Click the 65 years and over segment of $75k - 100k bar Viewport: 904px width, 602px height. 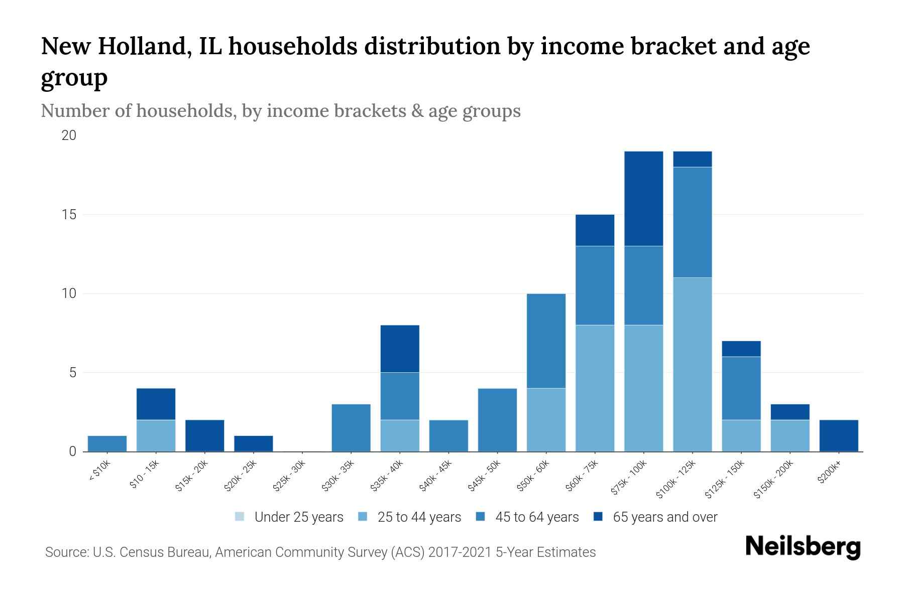click(643, 199)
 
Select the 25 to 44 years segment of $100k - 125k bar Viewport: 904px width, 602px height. click(692, 365)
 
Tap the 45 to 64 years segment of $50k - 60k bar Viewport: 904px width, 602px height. click(546, 341)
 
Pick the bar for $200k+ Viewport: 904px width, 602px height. click(839, 436)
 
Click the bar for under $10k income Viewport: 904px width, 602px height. click(107, 444)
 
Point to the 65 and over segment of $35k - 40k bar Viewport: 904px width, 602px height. click(400, 349)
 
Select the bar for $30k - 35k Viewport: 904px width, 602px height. click(351, 428)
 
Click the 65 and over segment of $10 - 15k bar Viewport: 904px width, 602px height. click(156, 404)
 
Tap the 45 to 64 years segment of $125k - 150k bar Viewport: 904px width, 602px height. click(741, 389)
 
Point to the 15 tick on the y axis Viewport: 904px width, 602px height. click(68, 215)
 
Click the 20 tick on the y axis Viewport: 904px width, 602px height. click(68, 135)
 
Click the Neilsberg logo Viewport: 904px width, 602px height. click(803, 547)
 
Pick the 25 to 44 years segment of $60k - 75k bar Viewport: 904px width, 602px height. click(595, 388)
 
